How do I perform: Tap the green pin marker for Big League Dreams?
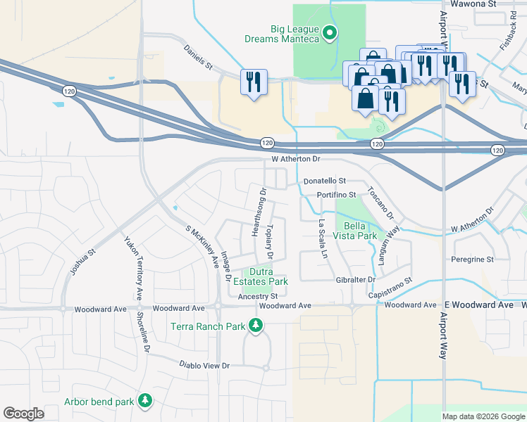click(x=329, y=32)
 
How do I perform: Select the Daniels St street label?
click(x=198, y=58)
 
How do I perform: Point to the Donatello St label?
click(x=325, y=181)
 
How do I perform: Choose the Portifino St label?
click(x=338, y=194)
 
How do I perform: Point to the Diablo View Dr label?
click(x=206, y=366)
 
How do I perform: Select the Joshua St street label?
click(x=82, y=260)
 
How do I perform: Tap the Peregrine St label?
click(x=473, y=260)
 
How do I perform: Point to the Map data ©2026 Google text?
click(x=483, y=416)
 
